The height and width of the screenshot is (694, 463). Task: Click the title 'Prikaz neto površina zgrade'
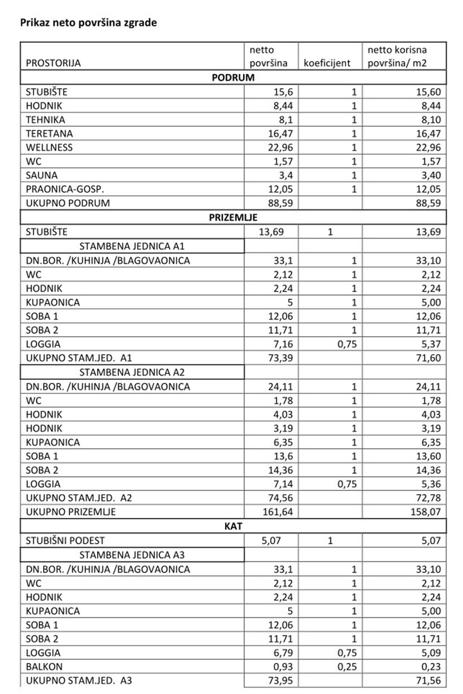pos(89,22)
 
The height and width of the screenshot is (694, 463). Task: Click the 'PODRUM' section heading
pos(233,78)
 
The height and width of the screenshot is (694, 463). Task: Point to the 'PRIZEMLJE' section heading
pos(233,218)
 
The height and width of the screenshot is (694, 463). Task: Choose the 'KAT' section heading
pos(233,527)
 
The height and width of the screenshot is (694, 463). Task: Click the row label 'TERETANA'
pos(50,134)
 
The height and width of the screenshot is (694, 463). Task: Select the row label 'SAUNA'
pos(42,175)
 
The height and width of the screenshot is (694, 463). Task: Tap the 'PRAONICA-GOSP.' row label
pos(65,190)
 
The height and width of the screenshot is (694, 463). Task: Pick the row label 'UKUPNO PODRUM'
pos(68,204)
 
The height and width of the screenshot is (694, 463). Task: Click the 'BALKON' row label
pos(44,667)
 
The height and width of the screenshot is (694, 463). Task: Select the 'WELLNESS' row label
pos(50,148)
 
